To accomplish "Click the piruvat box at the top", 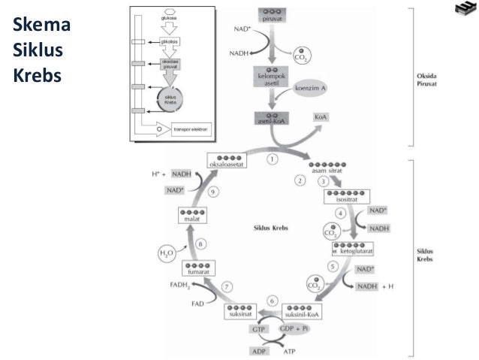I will (x=271, y=14).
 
